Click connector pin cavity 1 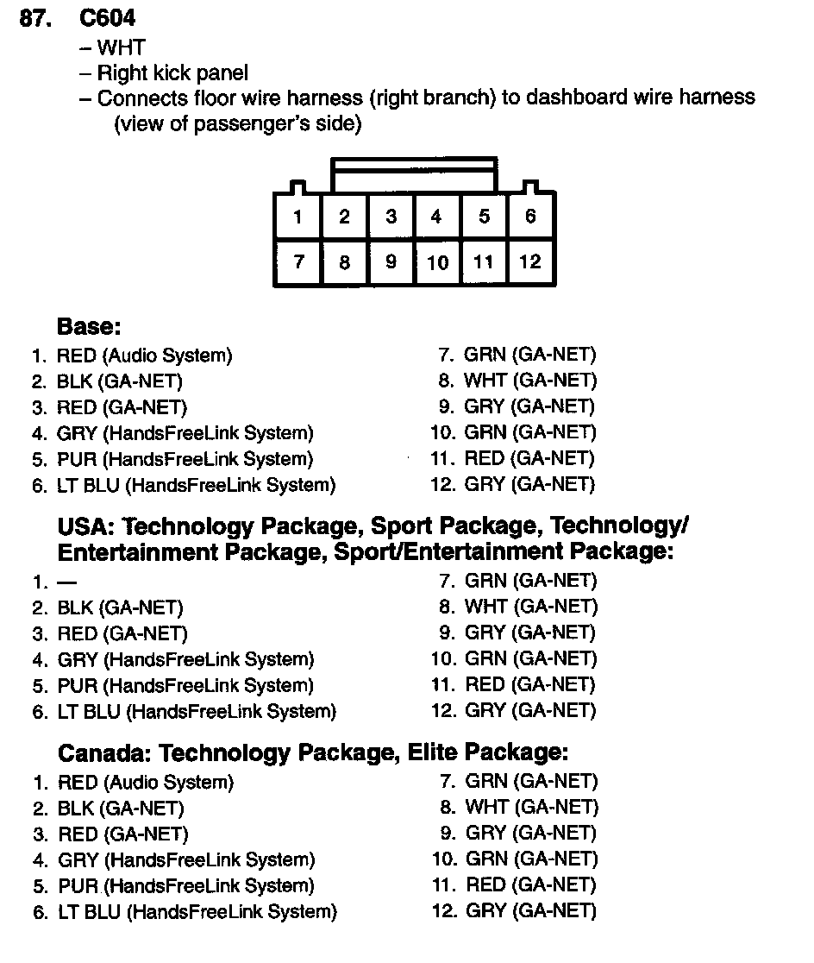point(297,216)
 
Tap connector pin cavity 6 point(530,216)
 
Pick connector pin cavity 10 point(437,261)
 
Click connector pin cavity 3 point(391,216)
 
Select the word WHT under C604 point(122,48)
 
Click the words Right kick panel point(172,73)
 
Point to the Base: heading point(89,327)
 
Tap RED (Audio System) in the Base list point(144,355)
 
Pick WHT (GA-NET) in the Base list point(529,381)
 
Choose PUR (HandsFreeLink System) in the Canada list point(185,886)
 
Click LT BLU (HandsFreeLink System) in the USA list point(196,712)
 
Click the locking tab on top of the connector point(414,174)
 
